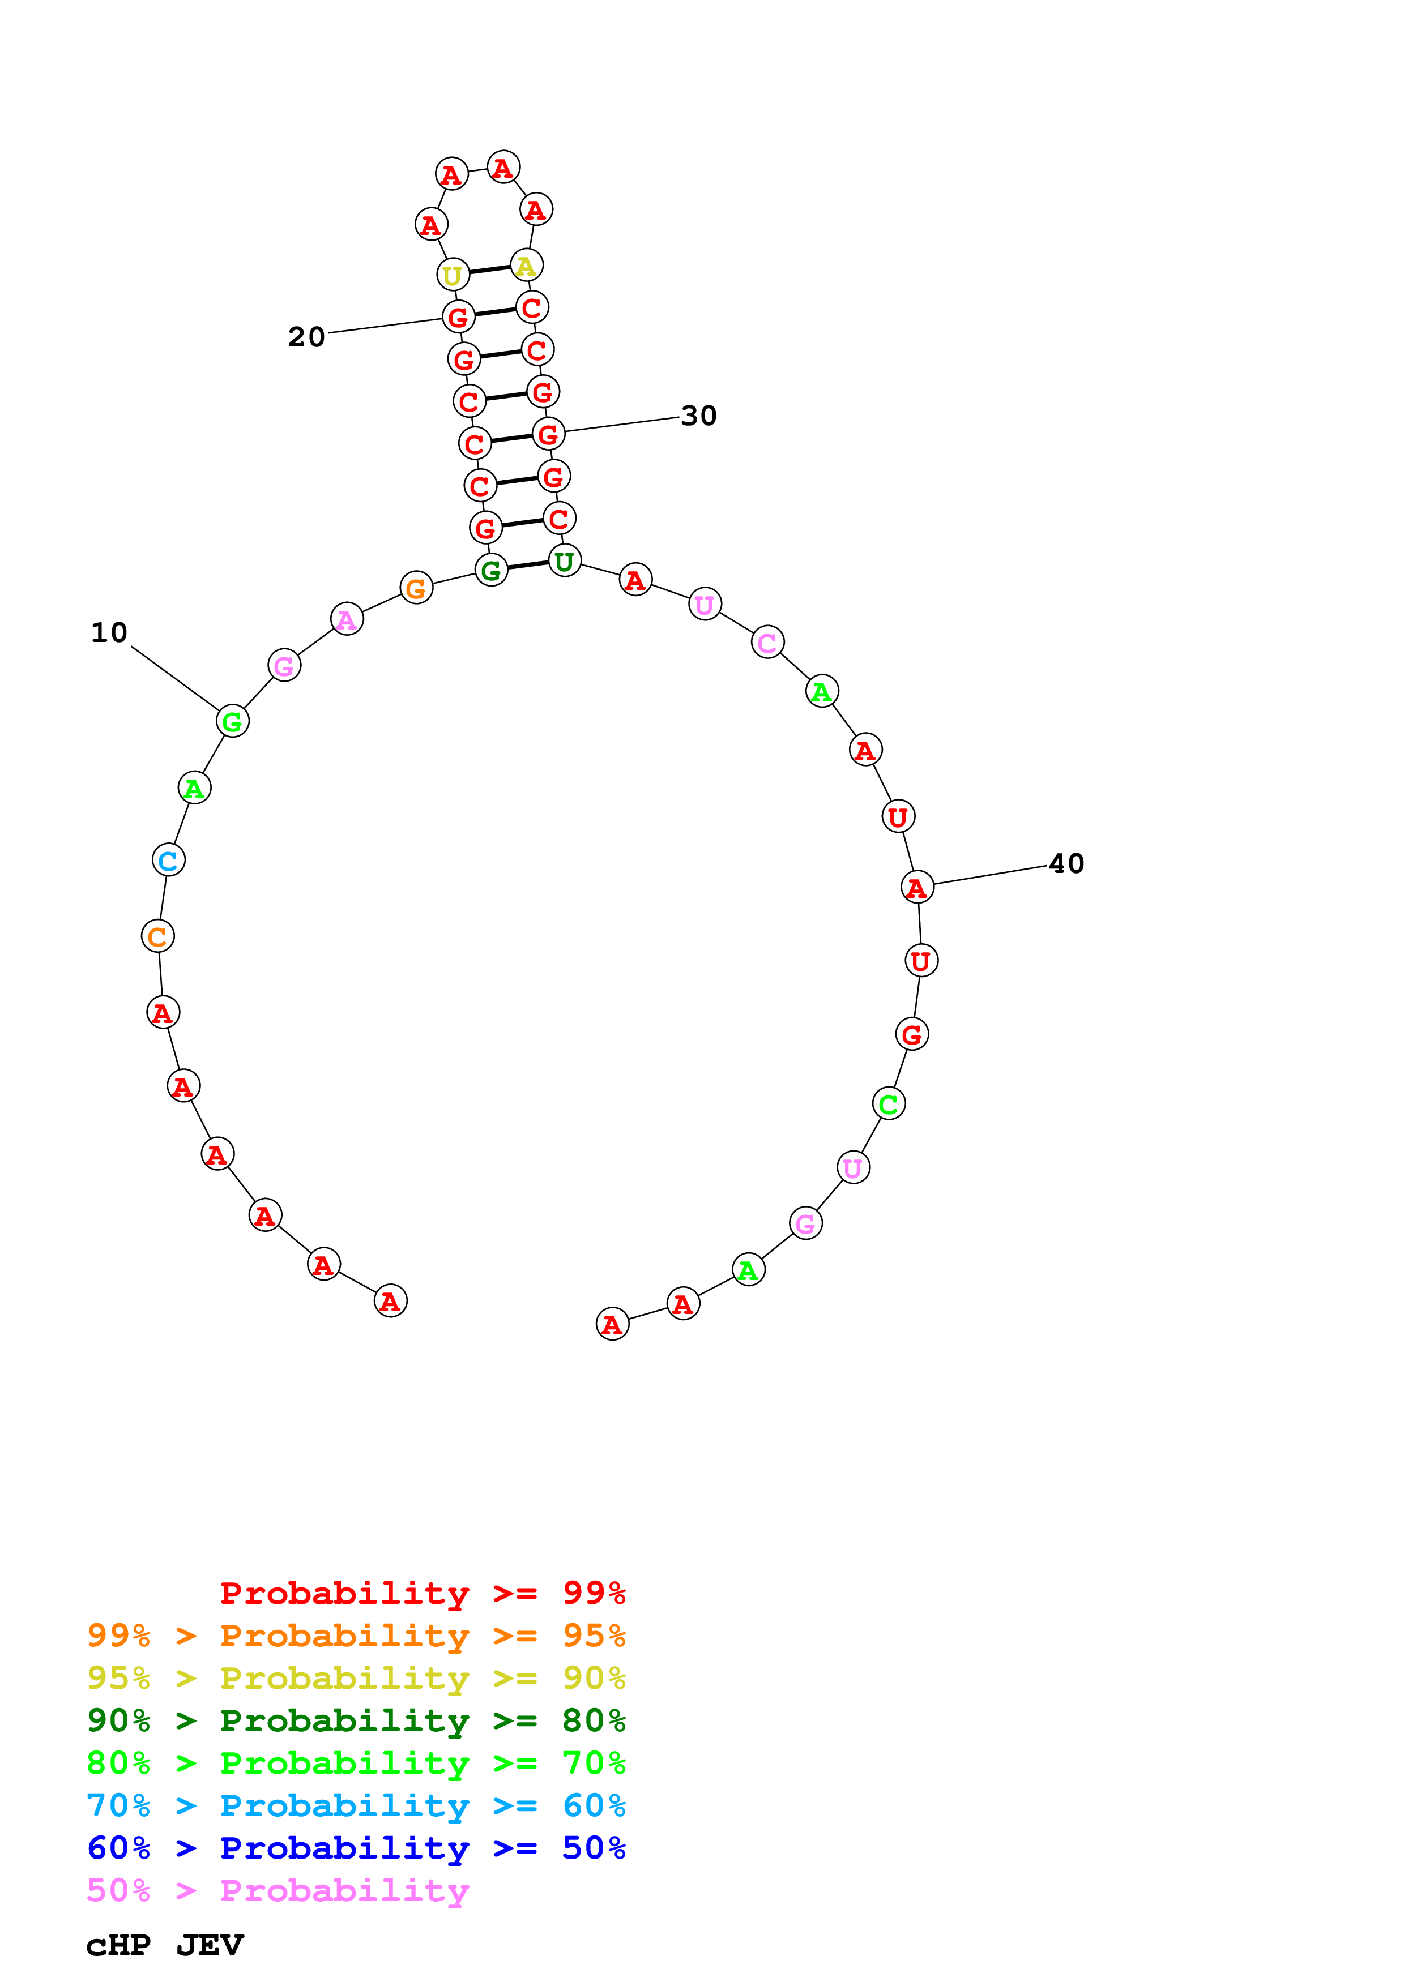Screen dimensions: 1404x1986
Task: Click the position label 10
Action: tap(109, 633)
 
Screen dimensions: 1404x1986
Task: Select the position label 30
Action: tap(699, 416)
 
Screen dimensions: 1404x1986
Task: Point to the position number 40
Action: tap(1066, 863)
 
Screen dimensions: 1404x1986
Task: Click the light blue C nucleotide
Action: tap(169, 860)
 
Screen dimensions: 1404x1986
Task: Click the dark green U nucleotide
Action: tap(564, 562)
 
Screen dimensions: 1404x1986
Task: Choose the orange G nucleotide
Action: tap(416, 588)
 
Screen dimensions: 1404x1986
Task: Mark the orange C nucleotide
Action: tap(157, 936)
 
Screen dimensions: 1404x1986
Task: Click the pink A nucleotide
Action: tap(347, 619)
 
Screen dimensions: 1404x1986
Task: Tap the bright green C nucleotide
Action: tap(889, 1104)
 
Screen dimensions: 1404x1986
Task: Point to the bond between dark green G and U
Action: tap(528, 566)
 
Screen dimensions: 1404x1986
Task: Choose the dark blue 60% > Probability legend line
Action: tap(356, 1848)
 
